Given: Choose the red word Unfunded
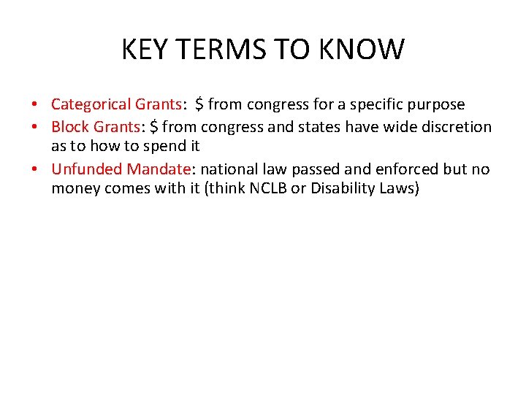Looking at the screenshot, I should tap(87, 169).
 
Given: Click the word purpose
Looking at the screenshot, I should tap(435, 104).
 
